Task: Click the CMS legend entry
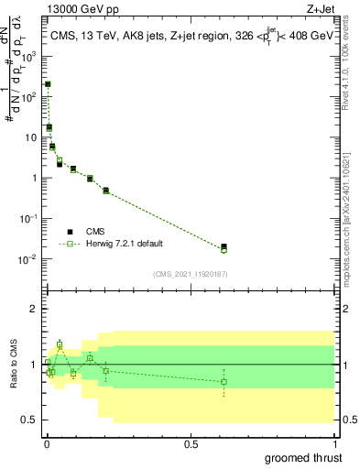pos(95,233)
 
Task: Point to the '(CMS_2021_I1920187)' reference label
pos(190,274)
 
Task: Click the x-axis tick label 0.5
pos(191,444)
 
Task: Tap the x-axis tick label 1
pos(334,444)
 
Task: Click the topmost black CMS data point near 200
pos(48,83)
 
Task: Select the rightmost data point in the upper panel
pos(224,247)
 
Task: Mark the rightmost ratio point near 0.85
pos(224,381)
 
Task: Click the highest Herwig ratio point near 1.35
pos(60,344)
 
